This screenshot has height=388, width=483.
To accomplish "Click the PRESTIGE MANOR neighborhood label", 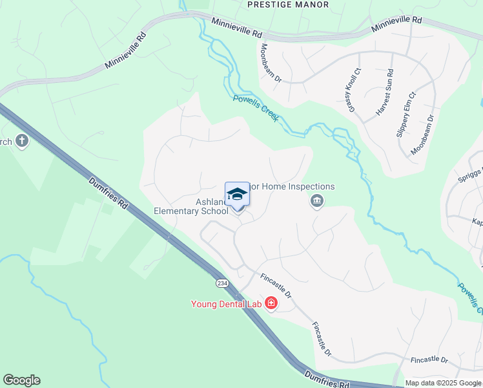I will pyautogui.click(x=288, y=5).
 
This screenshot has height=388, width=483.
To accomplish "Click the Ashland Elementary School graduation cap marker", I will pyautogui.click(x=237, y=195).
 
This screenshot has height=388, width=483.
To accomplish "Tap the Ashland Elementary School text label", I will pyautogui.click(x=191, y=206).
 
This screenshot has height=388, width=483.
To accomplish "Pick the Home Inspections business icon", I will pyautogui.click(x=317, y=202).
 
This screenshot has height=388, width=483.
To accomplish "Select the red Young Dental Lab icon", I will pyautogui.click(x=271, y=303).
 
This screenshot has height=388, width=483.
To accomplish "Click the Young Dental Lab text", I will pyautogui.click(x=224, y=304).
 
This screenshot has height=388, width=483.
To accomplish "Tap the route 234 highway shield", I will pyautogui.click(x=222, y=283).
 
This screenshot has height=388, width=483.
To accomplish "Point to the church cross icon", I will pyautogui.click(x=22, y=141).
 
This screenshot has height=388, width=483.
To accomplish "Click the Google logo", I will pyautogui.click(x=21, y=380).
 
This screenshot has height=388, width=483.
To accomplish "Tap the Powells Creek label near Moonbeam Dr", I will pyautogui.click(x=256, y=108).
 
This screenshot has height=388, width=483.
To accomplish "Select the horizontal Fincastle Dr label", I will pyautogui.click(x=429, y=359).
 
